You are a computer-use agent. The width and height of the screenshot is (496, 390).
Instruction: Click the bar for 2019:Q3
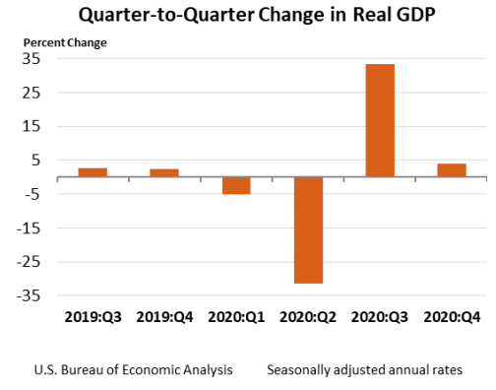point(93,172)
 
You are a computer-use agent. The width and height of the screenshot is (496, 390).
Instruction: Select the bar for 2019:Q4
point(164,173)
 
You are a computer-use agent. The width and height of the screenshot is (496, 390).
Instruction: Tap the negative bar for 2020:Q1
point(235,185)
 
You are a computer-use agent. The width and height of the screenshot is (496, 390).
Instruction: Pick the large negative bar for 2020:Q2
point(308,229)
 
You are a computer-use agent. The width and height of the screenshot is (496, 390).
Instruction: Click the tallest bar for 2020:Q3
point(380,120)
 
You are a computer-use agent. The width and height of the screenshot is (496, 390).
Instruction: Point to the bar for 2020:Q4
point(452,170)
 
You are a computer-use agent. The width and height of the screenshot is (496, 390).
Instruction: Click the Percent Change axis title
point(67,42)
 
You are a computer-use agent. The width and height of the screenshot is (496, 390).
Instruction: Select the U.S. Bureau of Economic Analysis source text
point(133,370)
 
